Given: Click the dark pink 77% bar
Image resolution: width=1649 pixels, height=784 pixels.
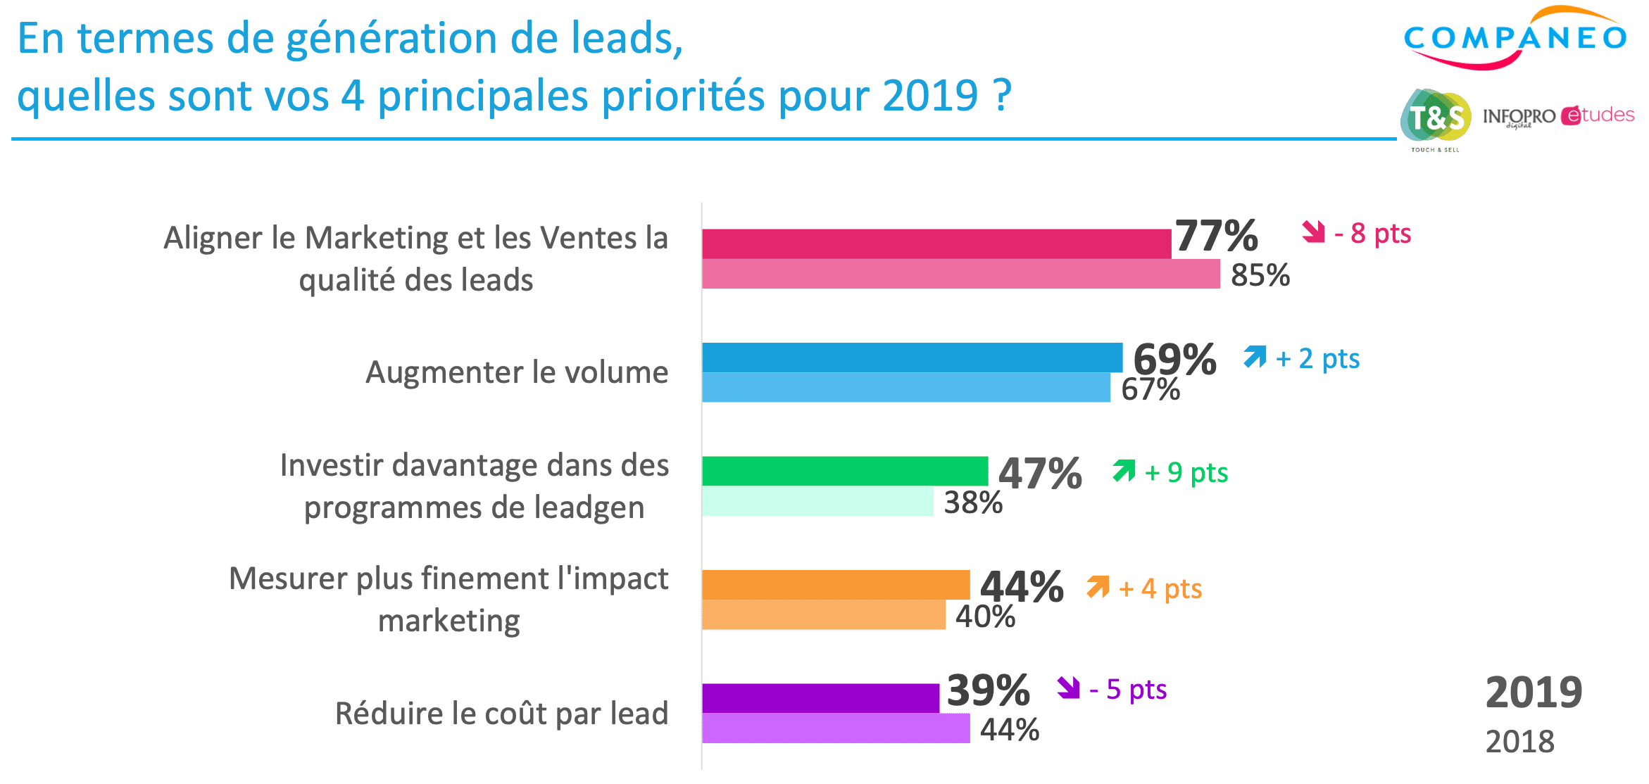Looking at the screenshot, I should [x=936, y=244].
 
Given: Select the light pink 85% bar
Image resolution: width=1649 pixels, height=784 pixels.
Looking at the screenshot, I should [x=960, y=274].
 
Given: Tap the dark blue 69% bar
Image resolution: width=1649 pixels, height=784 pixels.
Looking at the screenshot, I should [x=912, y=358].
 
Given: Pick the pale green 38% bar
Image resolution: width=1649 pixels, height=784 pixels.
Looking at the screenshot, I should [x=817, y=501].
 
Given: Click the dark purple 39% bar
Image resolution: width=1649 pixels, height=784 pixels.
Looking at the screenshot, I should [x=820, y=698].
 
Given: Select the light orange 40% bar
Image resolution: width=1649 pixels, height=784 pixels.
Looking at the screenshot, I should [x=823, y=614].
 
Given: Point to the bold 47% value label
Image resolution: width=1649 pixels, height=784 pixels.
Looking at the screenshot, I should [x=1040, y=473].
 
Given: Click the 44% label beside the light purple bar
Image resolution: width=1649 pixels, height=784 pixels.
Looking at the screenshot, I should [x=1010, y=730].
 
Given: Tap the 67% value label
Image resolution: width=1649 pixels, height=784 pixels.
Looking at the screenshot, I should [x=1150, y=389].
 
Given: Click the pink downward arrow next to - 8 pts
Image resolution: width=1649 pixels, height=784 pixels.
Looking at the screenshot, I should [x=1313, y=232].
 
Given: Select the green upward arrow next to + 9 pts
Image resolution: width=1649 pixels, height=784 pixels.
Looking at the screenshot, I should [x=1124, y=471].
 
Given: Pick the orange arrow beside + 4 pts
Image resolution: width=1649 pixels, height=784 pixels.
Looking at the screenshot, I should [x=1098, y=586].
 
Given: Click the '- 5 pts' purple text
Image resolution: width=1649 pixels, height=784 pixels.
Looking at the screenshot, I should [x=1128, y=690].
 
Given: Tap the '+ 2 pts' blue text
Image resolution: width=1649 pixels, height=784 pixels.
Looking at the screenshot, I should [x=1317, y=358].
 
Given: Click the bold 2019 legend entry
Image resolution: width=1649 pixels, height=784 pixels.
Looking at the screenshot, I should [x=1534, y=693].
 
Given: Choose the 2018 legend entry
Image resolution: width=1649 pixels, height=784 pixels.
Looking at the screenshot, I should [x=1519, y=742].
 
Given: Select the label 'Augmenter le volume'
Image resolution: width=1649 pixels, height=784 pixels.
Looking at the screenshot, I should [x=517, y=372].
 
